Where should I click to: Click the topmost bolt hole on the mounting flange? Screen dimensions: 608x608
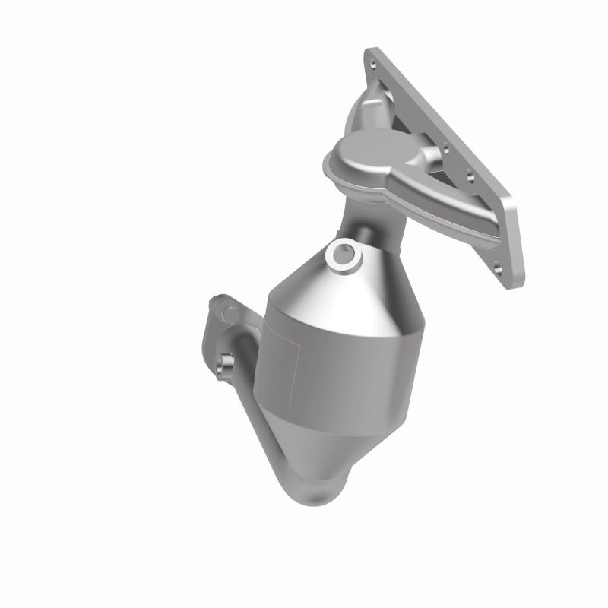(x=371, y=55)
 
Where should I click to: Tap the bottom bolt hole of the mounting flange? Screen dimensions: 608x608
(x=498, y=268)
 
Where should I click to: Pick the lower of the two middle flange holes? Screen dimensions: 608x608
(x=471, y=179)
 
